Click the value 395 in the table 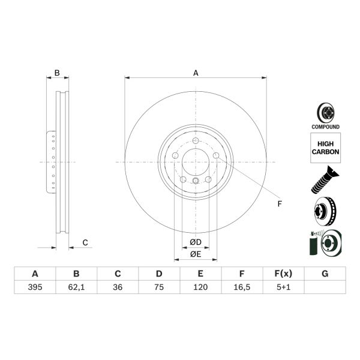click(x=35, y=287)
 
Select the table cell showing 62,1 click(x=76, y=287)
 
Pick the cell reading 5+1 click(x=283, y=287)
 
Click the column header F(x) click(x=283, y=274)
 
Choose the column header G click(x=325, y=274)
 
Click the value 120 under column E click(x=200, y=287)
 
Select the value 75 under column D click(x=159, y=287)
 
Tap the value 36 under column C click(x=118, y=287)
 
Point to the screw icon click(x=325, y=181)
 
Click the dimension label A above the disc click(x=196, y=73)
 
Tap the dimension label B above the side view click(x=57, y=73)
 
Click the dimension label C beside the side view click(x=85, y=242)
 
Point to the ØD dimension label click(x=196, y=242)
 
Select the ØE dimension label click(x=196, y=254)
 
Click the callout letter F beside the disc click(x=279, y=204)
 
